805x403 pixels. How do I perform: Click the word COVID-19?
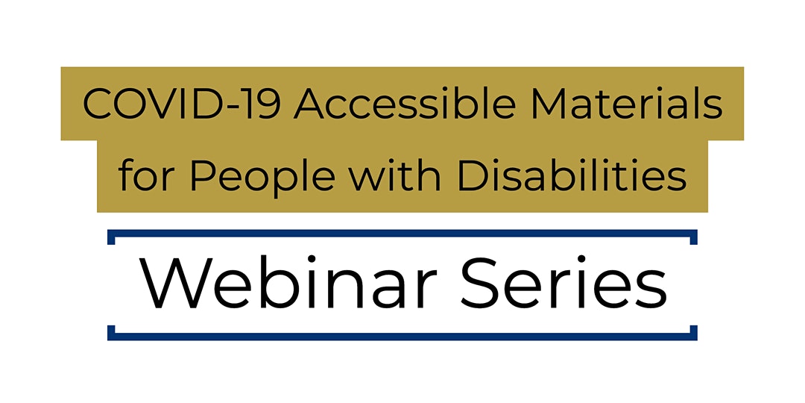[183, 105]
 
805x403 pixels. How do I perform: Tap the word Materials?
[628, 104]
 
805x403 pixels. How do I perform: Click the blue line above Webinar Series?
[402, 234]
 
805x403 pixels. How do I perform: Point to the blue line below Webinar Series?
[402, 336]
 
